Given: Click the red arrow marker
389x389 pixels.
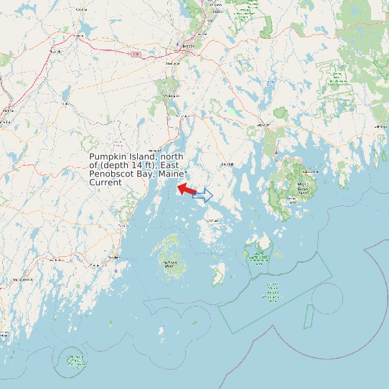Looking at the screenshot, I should [187, 189].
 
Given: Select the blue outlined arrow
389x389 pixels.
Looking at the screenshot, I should [205, 195].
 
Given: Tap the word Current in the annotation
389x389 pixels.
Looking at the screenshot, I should [106, 183].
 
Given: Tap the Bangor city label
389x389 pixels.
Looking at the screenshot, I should [188, 46].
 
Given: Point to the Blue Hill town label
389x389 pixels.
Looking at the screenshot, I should [228, 164].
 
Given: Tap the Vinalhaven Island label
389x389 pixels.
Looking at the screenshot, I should [170, 263].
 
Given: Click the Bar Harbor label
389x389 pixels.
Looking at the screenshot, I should [310, 172].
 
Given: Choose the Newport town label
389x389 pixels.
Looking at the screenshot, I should [56, 52].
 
